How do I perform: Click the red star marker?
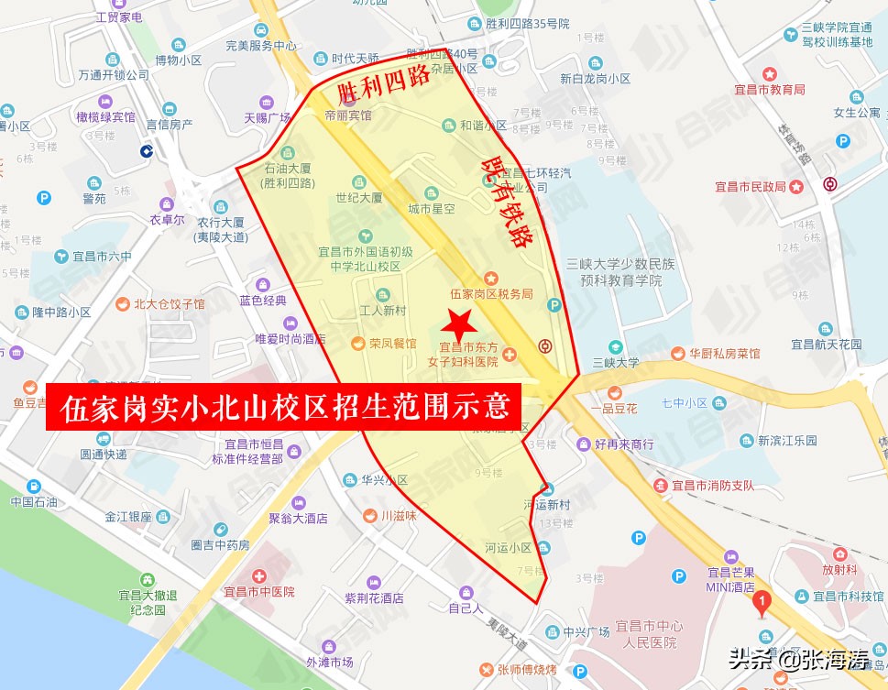click(x=457, y=323)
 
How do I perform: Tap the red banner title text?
click(x=285, y=408)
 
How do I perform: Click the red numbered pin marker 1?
click(x=760, y=603)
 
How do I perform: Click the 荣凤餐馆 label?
click(x=392, y=344)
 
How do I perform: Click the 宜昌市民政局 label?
click(x=751, y=187)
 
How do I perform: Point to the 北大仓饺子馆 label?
click(x=170, y=304)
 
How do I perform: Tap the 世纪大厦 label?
click(x=358, y=197)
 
